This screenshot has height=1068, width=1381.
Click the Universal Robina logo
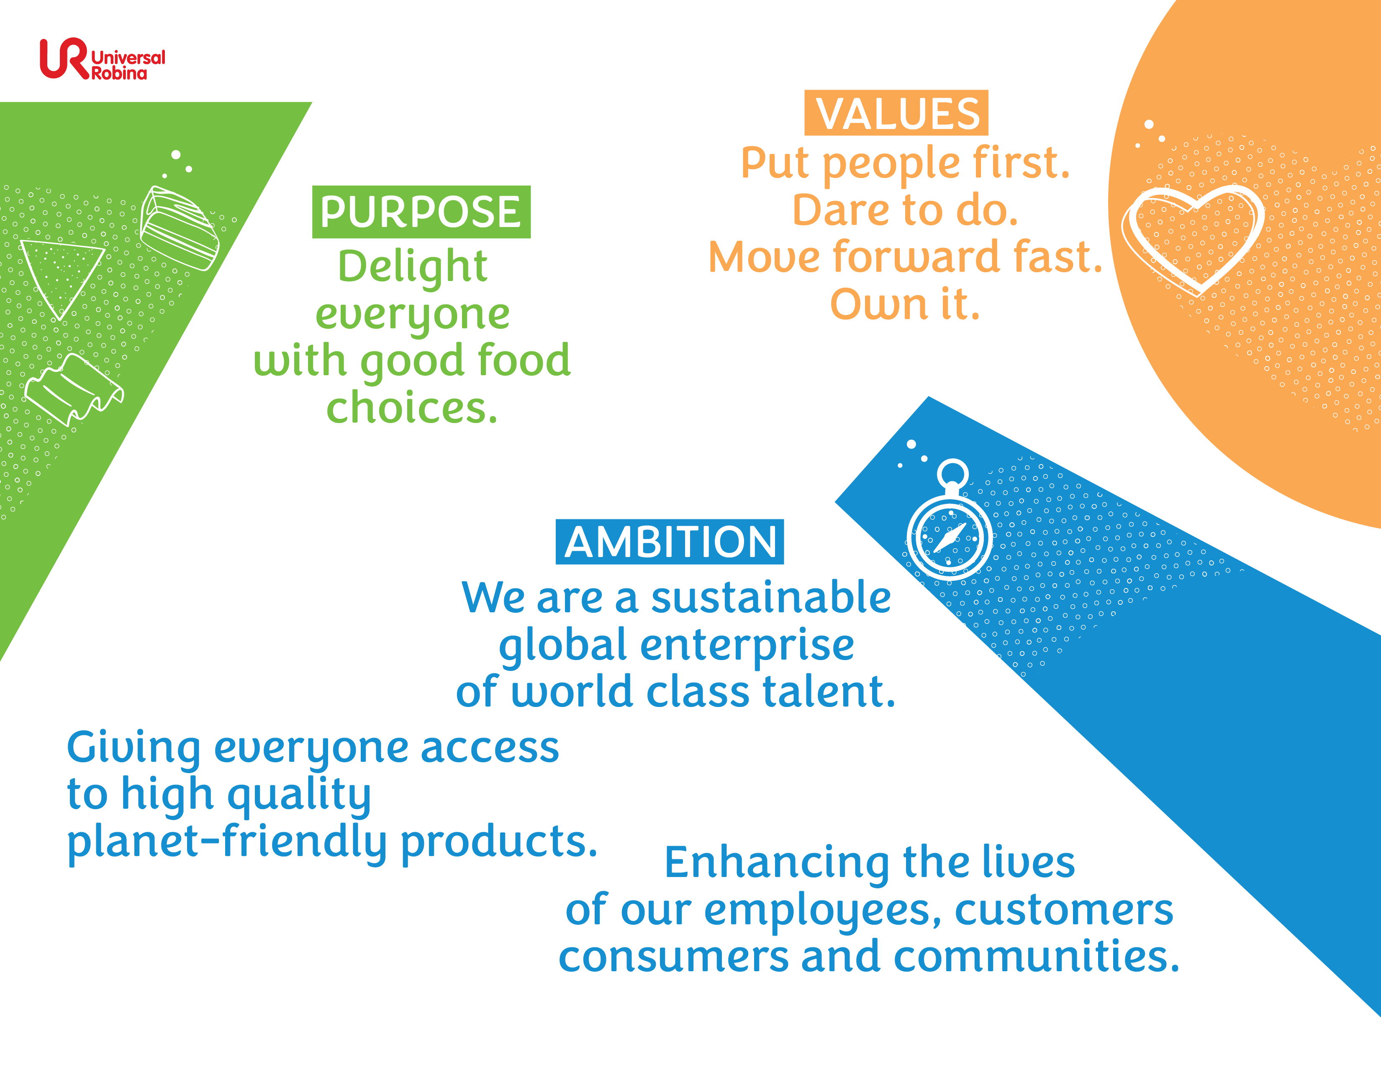(x=103, y=59)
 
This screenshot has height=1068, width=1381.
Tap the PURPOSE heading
(x=421, y=212)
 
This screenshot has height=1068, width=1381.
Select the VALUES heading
(x=896, y=113)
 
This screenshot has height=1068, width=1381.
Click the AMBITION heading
(x=670, y=542)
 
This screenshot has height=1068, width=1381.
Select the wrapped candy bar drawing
(x=180, y=228)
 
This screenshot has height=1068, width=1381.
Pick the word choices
(x=412, y=408)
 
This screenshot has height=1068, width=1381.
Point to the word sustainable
(x=771, y=597)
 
